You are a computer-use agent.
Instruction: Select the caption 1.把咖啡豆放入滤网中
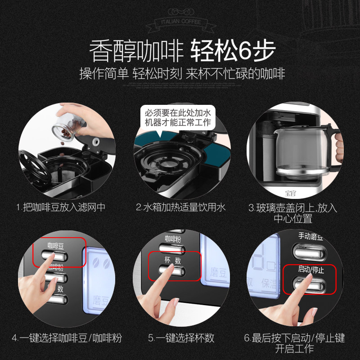click(61, 207)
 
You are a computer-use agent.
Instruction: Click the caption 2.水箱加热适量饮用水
click(180, 207)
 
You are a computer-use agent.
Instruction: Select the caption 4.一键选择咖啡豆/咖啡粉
click(67, 337)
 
